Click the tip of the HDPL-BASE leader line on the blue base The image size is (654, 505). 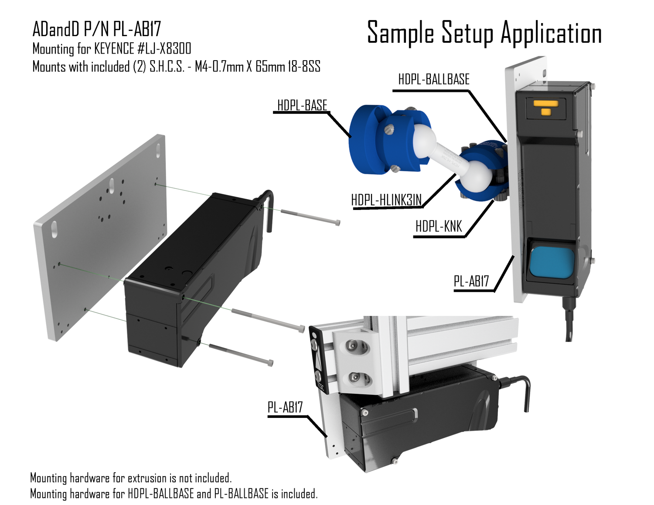[351, 137]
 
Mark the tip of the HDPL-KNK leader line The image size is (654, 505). [494, 200]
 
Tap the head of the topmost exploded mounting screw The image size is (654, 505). [338, 223]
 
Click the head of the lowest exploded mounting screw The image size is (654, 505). [270, 363]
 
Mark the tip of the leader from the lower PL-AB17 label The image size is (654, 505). [327, 437]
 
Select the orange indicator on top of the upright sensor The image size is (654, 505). [546, 107]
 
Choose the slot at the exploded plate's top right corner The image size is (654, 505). [158, 151]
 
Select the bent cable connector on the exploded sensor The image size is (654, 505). [266, 209]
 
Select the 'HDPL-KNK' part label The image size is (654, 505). [439, 227]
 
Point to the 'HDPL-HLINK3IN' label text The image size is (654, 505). [386, 200]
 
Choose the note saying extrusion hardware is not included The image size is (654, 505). [131, 478]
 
